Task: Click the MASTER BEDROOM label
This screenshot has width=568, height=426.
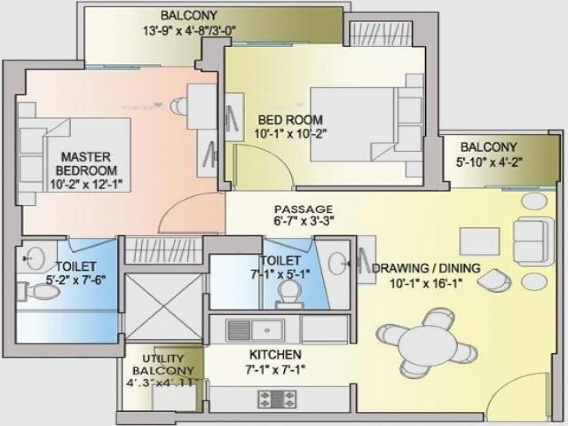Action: click(x=86, y=163)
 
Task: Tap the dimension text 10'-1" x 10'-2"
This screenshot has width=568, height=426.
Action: click(x=290, y=134)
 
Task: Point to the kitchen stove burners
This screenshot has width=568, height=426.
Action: click(x=277, y=399)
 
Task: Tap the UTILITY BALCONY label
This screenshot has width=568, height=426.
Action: click(x=163, y=365)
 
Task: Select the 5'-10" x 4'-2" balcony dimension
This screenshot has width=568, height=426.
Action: click(x=489, y=162)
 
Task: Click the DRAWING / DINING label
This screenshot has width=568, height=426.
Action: click(x=426, y=268)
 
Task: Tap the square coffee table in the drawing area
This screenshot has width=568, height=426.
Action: click(x=479, y=241)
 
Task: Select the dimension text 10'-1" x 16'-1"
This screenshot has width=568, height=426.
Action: click(x=426, y=283)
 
